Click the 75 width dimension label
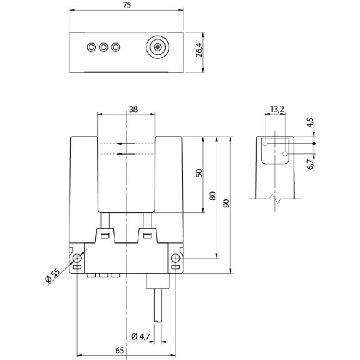click(126, 5)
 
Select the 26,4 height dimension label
click(199, 49)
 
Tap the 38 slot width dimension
click(133, 110)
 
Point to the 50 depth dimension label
click(199, 173)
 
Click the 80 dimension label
click(213, 195)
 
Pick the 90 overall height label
click(227, 203)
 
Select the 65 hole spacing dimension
click(120, 351)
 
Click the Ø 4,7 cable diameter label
click(141, 337)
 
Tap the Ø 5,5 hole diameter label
click(53, 275)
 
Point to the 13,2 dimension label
click(277, 110)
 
